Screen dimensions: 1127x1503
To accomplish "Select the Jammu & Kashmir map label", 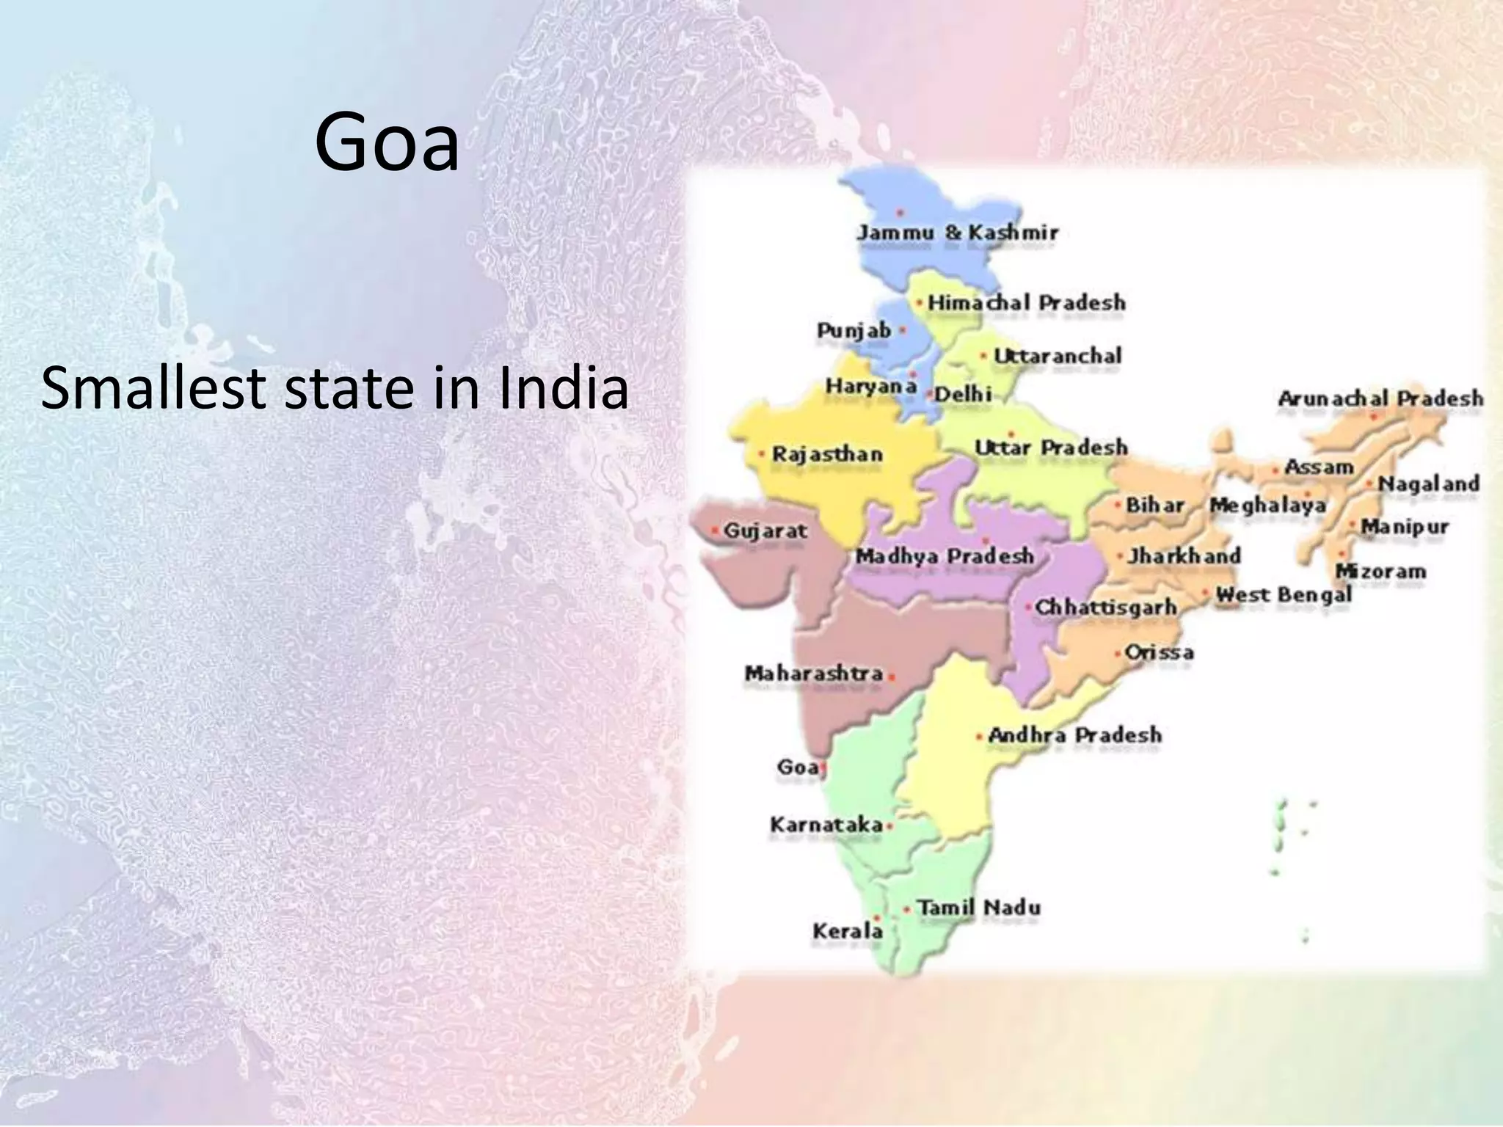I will click(x=958, y=233).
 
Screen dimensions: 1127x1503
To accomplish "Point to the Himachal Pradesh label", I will click(x=1026, y=302).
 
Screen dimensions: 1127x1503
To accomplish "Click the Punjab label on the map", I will click(x=854, y=331).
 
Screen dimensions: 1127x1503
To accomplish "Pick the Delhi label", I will click(x=962, y=395).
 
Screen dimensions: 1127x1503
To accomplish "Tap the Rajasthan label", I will click(x=826, y=455).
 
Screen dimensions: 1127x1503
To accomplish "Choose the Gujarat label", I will click(x=765, y=530).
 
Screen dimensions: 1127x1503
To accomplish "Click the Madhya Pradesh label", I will click(x=945, y=557).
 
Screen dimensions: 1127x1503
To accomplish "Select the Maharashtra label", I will click(x=813, y=674).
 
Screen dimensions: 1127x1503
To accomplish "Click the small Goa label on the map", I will click(x=797, y=767).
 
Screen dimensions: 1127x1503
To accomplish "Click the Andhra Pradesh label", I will click(x=1074, y=735).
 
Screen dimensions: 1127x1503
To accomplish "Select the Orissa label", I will click(x=1159, y=652).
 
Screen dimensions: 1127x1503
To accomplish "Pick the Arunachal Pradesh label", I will click(x=1380, y=399).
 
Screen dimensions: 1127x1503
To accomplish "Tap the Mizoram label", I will click(x=1380, y=572).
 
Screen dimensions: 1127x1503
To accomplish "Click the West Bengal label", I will click(x=1283, y=594).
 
